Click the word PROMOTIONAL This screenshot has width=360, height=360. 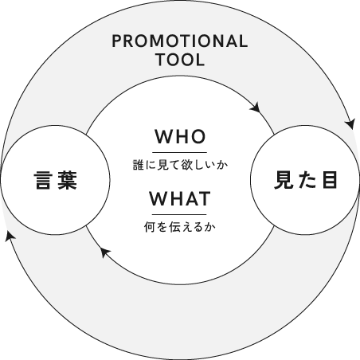[x=180, y=41]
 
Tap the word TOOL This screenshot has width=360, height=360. [x=181, y=60]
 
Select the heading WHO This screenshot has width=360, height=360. [x=180, y=137]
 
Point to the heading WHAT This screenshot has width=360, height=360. [x=180, y=198]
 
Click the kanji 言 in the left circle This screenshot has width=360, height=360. [x=43, y=180]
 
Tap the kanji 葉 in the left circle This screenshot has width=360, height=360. [x=68, y=180]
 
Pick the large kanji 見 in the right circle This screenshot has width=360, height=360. [x=284, y=180]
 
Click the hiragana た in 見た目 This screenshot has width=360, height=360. [x=307, y=180]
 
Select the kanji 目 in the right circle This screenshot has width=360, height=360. [x=329, y=180]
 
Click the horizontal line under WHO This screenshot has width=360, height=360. [x=179, y=153]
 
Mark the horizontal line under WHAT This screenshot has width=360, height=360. [x=179, y=214]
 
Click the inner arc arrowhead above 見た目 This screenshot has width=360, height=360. [x=255, y=108]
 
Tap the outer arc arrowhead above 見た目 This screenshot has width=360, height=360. [x=350, y=124]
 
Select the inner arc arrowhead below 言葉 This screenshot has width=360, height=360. [x=105, y=252]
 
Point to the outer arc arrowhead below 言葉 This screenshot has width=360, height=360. [x=10, y=237]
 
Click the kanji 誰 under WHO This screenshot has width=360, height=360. [x=138, y=165]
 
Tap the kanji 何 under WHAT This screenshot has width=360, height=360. [x=149, y=227]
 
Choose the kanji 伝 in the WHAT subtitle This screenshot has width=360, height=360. [x=174, y=227]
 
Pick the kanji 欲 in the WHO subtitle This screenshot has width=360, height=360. [x=187, y=165]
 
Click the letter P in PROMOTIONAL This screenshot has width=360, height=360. [x=116, y=41]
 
